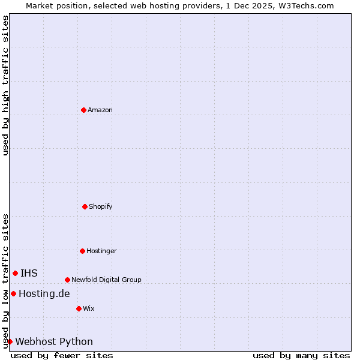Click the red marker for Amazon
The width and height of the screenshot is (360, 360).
point(84,110)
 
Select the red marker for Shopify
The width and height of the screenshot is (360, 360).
point(85,206)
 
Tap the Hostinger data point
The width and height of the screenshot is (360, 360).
point(82,251)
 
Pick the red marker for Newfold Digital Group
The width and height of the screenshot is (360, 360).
point(67,280)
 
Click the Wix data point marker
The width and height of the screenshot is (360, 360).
point(79,308)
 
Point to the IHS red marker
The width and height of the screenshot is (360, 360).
point(15,273)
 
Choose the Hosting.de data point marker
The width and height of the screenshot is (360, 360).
point(13,293)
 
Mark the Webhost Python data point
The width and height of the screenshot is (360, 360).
point(10,341)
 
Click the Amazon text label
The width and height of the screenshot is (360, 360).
point(100,110)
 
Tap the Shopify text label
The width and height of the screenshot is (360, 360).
point(101,206)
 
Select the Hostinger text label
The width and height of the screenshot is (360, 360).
point(101,251)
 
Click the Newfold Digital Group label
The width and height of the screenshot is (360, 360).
point(106,280)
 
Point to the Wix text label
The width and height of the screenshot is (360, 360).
point(89,308)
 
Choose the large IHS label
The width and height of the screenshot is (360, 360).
point(29,273)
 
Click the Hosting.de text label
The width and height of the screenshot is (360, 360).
point(44,293)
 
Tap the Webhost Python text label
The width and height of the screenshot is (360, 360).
point(54,341)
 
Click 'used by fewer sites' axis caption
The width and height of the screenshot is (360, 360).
point(62,355)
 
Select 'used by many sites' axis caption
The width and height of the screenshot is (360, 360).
point(301,355)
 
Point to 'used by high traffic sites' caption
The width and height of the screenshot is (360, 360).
point(5,85)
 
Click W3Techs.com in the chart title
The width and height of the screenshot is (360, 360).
point(305,5)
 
